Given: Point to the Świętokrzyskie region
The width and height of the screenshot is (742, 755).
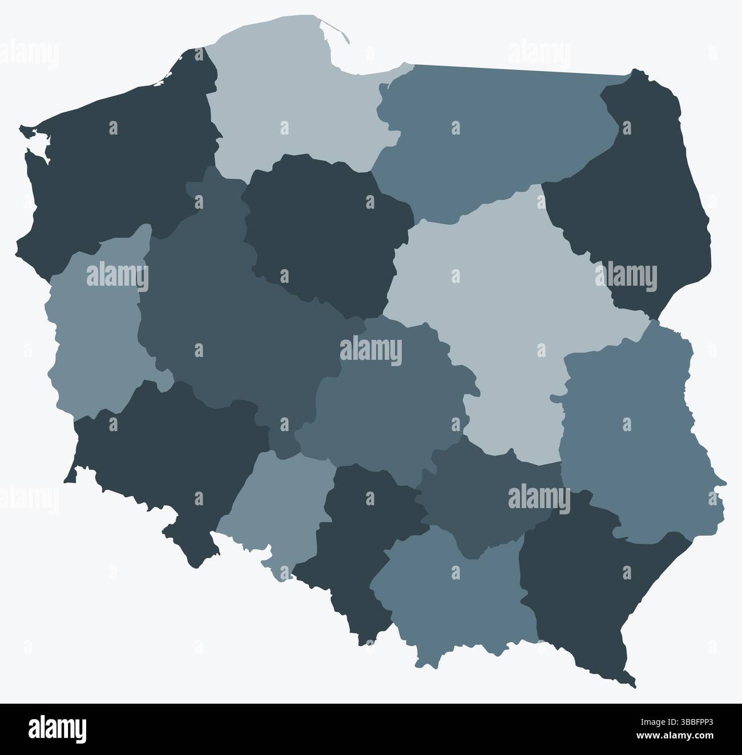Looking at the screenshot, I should click(485, 502).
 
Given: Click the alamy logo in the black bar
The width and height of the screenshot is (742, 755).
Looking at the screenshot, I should click(58, 729).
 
